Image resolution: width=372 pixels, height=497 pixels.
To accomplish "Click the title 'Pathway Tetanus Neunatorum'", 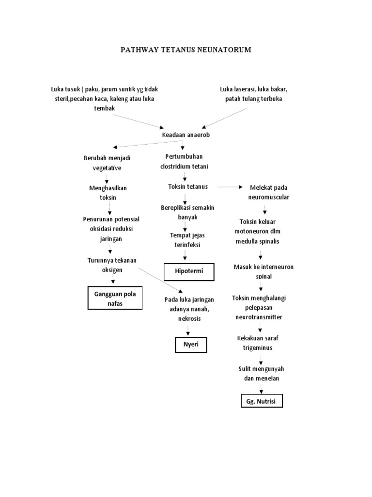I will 186,50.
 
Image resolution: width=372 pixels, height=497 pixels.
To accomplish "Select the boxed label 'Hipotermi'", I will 188,273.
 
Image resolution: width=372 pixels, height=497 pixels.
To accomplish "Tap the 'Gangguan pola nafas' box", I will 115,298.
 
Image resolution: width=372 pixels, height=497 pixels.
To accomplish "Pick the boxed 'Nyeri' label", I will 191,345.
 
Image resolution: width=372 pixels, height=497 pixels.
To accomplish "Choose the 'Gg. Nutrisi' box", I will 262,401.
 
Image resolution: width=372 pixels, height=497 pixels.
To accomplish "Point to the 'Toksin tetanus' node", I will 187,187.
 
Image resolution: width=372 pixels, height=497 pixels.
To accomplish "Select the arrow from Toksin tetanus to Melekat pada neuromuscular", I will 229,187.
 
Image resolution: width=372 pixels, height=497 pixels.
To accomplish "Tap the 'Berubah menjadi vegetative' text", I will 107,163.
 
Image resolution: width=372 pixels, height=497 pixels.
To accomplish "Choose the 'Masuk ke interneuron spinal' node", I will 263,272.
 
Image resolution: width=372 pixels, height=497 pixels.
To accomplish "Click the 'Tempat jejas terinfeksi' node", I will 184,240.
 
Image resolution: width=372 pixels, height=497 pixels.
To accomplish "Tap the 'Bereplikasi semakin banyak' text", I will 187,213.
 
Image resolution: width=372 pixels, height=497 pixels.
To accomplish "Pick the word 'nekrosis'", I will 188,319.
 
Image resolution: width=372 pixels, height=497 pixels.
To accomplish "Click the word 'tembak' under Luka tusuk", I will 104,108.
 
